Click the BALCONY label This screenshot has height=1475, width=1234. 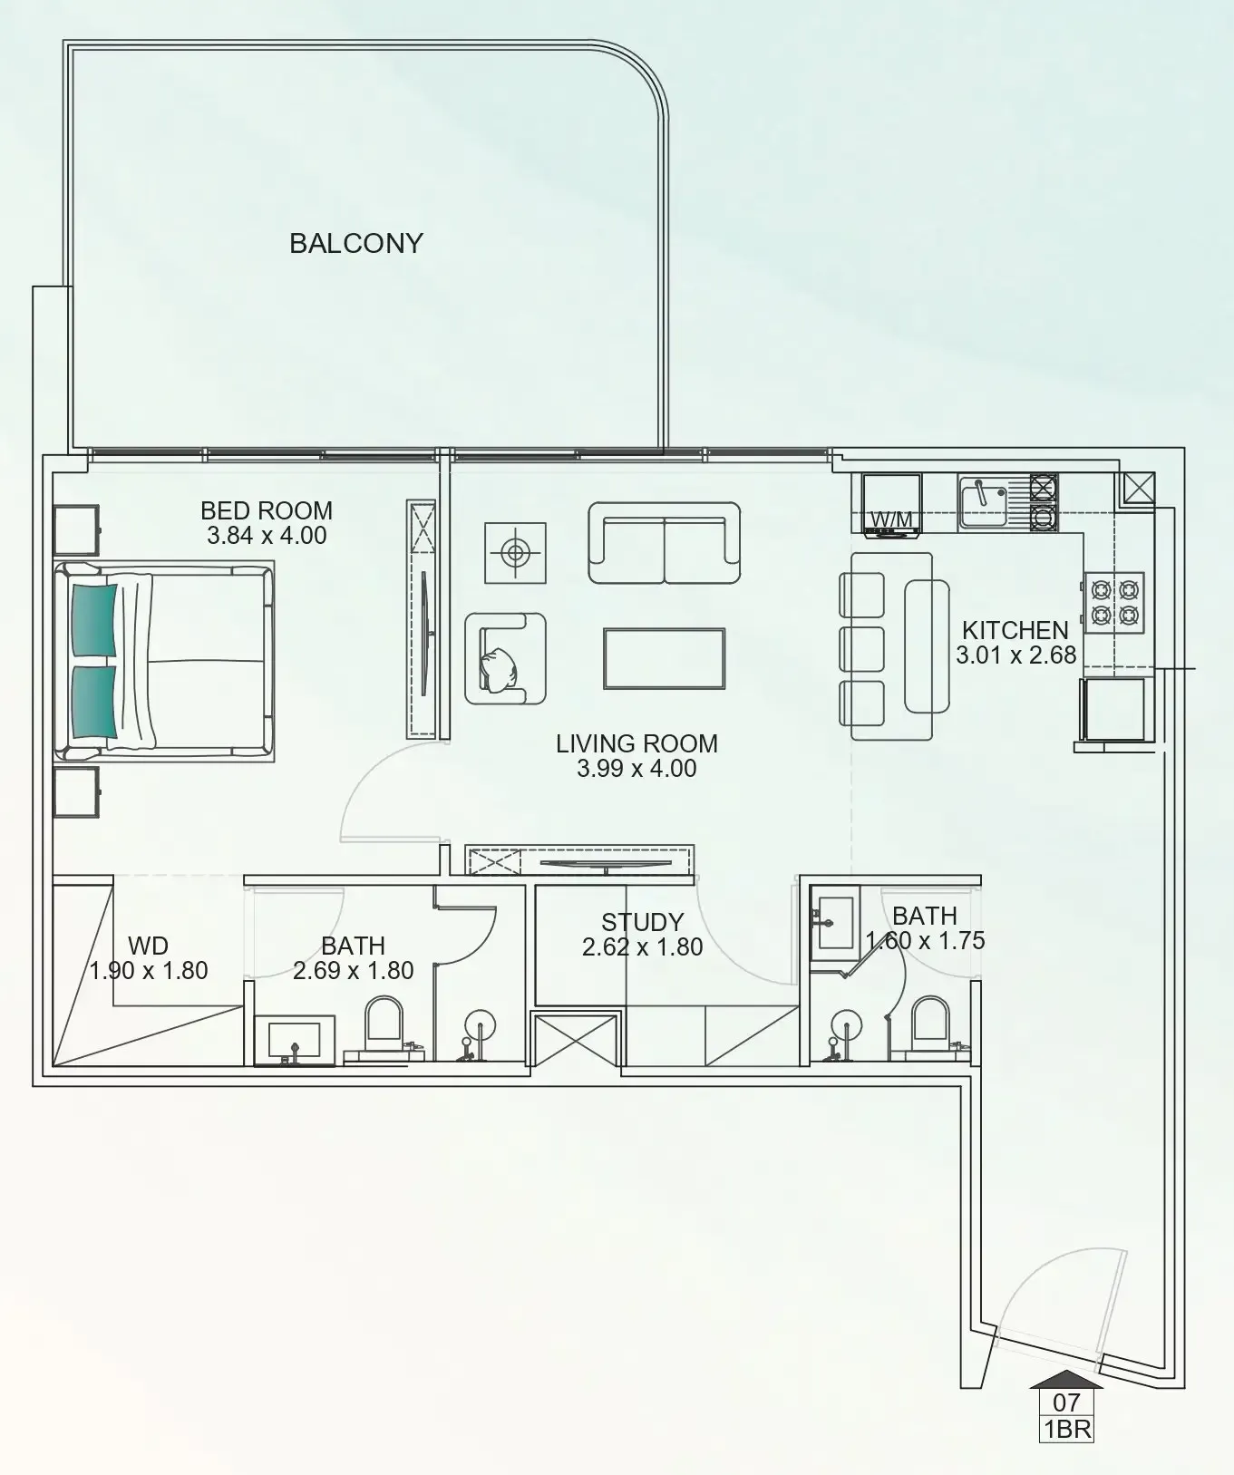click(356, 243)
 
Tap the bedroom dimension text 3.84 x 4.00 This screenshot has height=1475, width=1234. click(267, 536)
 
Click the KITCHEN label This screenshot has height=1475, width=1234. click(1015, 630)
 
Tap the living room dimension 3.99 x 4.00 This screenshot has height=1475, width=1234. click(636, 769)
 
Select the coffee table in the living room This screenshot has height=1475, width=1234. click(665, 659)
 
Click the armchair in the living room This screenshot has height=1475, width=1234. click(505, 658)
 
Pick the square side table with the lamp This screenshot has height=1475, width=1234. click(515, 552)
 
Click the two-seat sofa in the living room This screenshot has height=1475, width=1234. click(665, 543)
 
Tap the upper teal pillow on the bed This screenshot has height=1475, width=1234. click(93, 619)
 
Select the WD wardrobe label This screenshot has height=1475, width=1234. click(148, 946)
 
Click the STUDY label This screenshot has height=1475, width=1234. click(642, 923)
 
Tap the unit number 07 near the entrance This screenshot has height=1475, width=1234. click(1066, 1402)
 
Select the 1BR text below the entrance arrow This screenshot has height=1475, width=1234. click(1066, 1431)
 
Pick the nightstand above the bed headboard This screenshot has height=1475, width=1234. click(76, 529)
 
